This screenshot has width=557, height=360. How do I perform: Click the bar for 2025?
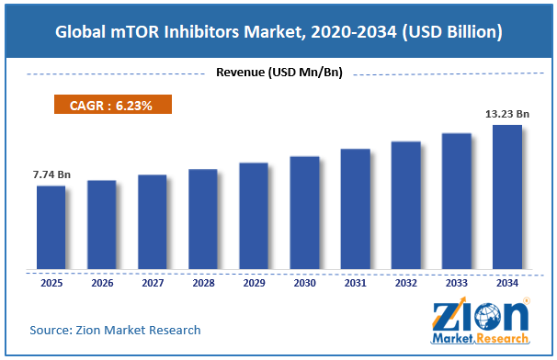[x=51, y=227]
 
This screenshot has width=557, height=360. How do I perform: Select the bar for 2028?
[x=203, y=219]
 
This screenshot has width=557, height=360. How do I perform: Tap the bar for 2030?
[x=304, y=213]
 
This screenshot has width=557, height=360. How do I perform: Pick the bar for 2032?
[x=406, y=205]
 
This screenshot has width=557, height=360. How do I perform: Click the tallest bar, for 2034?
[x=507, y=197]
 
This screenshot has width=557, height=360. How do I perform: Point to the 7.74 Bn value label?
[x=51, y=174]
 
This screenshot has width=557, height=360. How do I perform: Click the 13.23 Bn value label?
[x=507, y=114]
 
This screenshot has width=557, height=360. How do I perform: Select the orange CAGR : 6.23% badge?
[x=113, y=105]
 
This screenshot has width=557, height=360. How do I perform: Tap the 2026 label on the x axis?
[x=102, y=283]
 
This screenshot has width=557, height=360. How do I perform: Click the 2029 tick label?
[x=254, y=283]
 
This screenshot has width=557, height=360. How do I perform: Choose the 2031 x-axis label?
[x=355, y=283]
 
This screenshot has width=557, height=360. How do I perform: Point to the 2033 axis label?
[x=457, y=283]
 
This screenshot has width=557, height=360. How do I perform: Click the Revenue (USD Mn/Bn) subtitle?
[x=279, y=73]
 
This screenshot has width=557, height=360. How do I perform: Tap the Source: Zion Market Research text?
[x=115, y=331]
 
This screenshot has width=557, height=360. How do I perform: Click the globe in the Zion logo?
[x=487, y=316]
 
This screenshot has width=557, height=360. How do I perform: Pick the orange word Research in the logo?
[x=502, y=338]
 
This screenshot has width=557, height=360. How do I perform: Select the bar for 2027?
[x=153, y=222]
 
